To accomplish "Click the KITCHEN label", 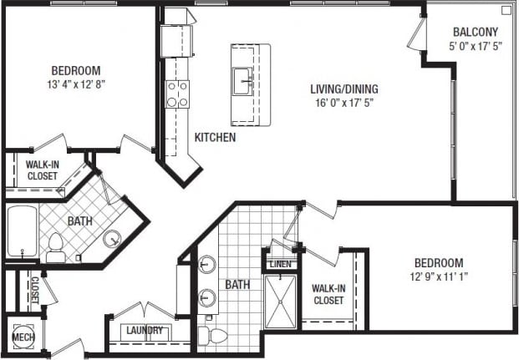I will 215,137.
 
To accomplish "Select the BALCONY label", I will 476,33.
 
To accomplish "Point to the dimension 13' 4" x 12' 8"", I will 76,84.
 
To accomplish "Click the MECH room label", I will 21,337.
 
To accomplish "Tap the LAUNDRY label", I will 144,330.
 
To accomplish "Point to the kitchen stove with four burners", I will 177,94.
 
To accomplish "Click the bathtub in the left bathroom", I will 20,232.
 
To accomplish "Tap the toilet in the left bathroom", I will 56,246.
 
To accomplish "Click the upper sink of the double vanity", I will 206,266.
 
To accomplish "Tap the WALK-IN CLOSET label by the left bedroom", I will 42,170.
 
